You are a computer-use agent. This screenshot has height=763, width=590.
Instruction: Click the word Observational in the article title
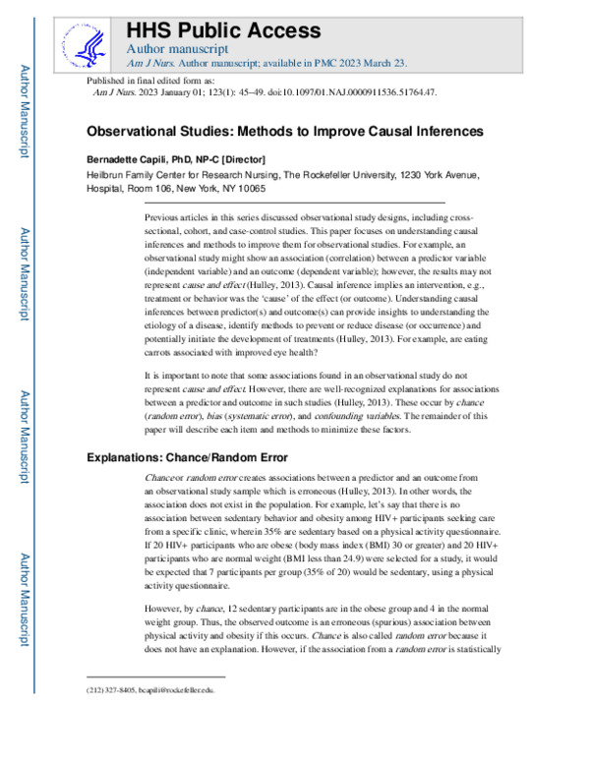click(x=145, y=131)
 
